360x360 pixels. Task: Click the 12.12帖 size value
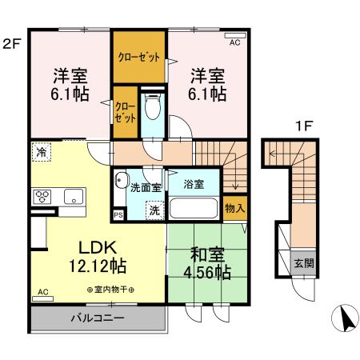89,265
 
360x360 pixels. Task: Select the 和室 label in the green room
205,255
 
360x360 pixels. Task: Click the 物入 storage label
234,208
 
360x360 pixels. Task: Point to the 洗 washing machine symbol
152,210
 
